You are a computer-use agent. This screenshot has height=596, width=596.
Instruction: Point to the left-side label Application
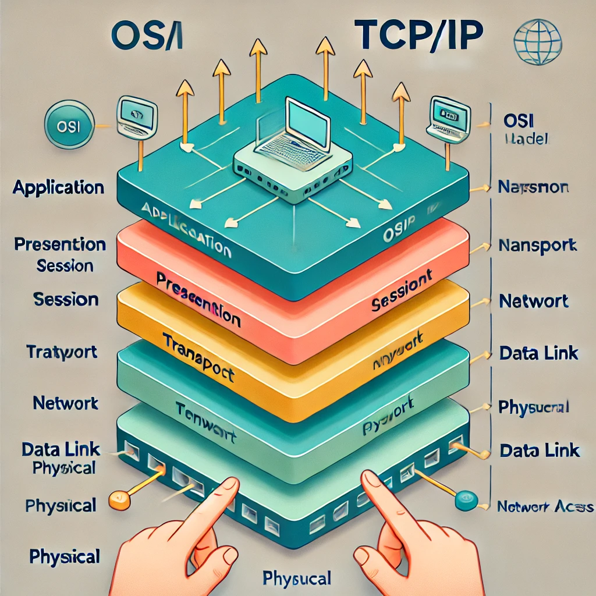coord(58,188)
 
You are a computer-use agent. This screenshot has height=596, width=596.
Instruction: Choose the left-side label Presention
coord(61,244)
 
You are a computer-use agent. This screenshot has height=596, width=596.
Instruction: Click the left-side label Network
coord(66,403)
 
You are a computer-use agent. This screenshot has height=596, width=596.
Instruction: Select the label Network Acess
coord(545,506)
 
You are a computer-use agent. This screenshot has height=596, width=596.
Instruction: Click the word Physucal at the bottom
coord(297,579)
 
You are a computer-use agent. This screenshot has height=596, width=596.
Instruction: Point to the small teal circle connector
coord(464,499)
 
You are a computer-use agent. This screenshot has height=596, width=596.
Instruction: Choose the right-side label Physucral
coord(534,407)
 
